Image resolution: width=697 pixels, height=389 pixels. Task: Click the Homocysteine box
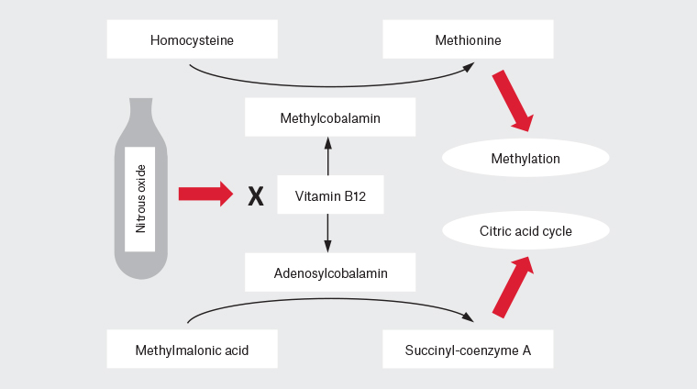click(x=192, y=39)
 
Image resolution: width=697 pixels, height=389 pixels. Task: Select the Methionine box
click(x=468, y=39)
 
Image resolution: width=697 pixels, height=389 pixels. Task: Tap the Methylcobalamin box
click(x=330, y=118)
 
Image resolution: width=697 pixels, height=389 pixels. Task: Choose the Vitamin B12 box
click(x=328, y=194)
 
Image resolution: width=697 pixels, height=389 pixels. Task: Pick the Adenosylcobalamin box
click(x=330, y=272)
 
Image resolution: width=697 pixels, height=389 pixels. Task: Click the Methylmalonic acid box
click(x=192, y=350)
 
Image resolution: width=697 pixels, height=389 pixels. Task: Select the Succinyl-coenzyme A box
click(x=468, y=350)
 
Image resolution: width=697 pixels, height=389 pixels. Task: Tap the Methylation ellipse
click(x=526, y=158)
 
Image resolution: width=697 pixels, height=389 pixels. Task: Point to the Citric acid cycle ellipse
click(x=526, y=231)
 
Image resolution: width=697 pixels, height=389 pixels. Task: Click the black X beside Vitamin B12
click(x=256, y=195)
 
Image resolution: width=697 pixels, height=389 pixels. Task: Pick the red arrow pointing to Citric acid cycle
click(x=512, y=287)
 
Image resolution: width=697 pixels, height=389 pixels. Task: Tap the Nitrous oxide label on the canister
click(x=140, y=198)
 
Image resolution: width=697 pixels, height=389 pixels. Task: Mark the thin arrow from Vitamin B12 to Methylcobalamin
click(x=327, y=155)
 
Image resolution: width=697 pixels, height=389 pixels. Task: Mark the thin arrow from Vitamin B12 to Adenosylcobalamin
click(x=327, y=233)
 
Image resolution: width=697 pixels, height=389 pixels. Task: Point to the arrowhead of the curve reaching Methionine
click(x=469, y=65)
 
